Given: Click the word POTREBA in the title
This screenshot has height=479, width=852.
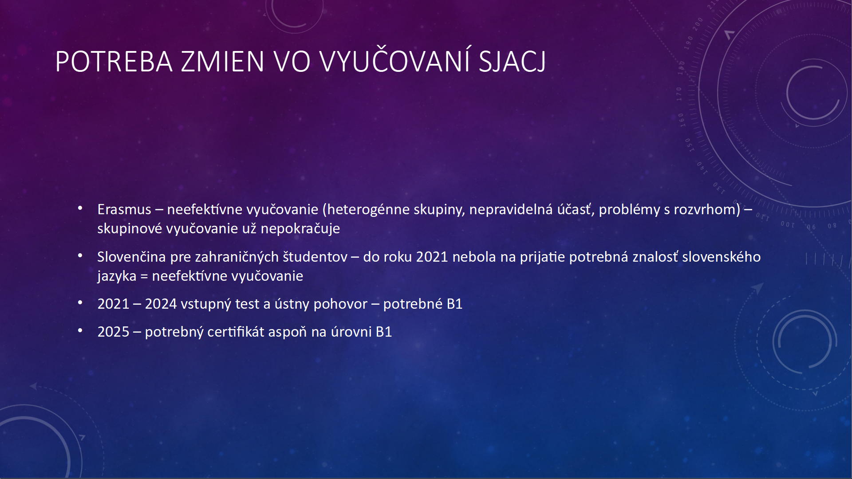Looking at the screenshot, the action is pyautogui.click(x=114, y=62).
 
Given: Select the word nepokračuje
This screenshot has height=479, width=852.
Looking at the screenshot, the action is pyautogui.click(x=300, y=229).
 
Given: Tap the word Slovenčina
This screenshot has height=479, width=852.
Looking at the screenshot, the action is pyautogui.click(x=131, y=257).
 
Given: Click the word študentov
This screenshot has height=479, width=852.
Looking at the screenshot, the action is pyautogui.click(x=315, y=257).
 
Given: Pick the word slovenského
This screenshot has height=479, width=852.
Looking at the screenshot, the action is pyautogui.click(x=721, y=257).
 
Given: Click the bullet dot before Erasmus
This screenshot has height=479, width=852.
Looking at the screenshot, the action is pyautogui.click(x=80, y=208).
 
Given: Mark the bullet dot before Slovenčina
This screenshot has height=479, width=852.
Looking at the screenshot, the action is pyautogui.click(x=80, y=255).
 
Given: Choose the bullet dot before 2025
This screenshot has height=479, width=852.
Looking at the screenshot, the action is pyautogui.click(x=80, y=330).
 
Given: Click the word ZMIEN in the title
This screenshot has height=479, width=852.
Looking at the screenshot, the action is pyautogui.click(x=222, y=62).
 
